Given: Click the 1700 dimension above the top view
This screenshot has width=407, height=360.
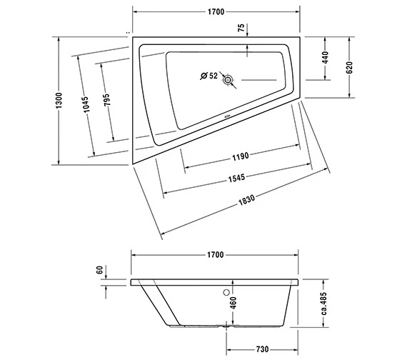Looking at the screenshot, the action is (216, 12).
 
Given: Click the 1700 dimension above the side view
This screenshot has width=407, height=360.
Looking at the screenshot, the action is (216, 255).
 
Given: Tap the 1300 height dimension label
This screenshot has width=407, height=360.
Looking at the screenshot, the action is (59, 101).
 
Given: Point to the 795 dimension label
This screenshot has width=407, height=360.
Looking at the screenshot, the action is (106, 100).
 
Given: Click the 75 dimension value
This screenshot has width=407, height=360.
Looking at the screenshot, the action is (241, 28).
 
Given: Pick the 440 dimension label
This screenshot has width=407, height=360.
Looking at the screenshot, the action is (325, 58).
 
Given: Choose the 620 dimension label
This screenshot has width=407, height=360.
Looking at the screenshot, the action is (349, 67).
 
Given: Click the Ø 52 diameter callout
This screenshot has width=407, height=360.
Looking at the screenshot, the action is (209, 76).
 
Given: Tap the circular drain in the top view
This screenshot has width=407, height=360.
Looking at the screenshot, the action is (228, 80).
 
